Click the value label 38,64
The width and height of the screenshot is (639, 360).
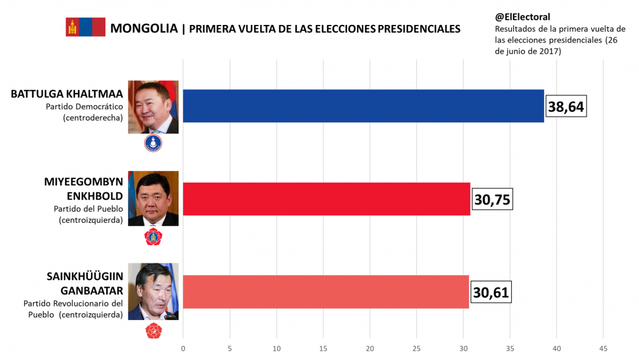click(x=566, y=107)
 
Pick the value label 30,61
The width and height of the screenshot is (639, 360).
click(x=490, y=292)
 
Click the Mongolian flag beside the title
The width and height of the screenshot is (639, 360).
click(x=85, y=27)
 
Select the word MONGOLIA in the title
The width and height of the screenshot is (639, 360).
click(x=144, y=28)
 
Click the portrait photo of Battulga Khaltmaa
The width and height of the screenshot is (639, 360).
click(x=154, y=107)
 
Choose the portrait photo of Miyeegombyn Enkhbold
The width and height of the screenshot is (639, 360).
click(x=154, y=198)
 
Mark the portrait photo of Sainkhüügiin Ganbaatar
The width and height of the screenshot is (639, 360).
click(x=154, y=291)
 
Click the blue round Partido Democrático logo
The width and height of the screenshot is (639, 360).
click(x=154, y=144)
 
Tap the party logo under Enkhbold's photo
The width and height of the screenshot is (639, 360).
click(x=154, y=236)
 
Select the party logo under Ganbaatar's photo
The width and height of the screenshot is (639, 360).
click(x=154, y=331)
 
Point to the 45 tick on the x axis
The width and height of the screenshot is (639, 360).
click(x=603, y=348)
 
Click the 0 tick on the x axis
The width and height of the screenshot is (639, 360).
click(x=183, y=348)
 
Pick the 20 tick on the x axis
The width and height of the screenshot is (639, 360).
click(x=369, y=348)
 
